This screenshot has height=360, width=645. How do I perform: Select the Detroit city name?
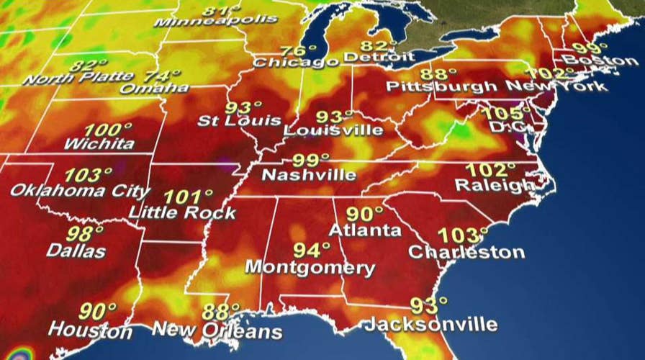coord(379,57)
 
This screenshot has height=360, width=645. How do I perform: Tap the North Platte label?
coord(78,77)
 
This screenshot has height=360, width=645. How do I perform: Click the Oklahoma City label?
coord(80,192)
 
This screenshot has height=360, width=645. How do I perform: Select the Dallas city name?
coord(76,251)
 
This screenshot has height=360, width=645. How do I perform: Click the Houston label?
coord(90,331)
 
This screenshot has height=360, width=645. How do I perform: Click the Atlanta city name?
coord(365,231)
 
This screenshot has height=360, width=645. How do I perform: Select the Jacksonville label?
coord(430,323)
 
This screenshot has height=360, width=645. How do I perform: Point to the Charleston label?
coord(466,253)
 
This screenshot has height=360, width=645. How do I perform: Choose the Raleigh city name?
coord(495,185)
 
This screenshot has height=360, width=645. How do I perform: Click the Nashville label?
coord(308,175)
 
